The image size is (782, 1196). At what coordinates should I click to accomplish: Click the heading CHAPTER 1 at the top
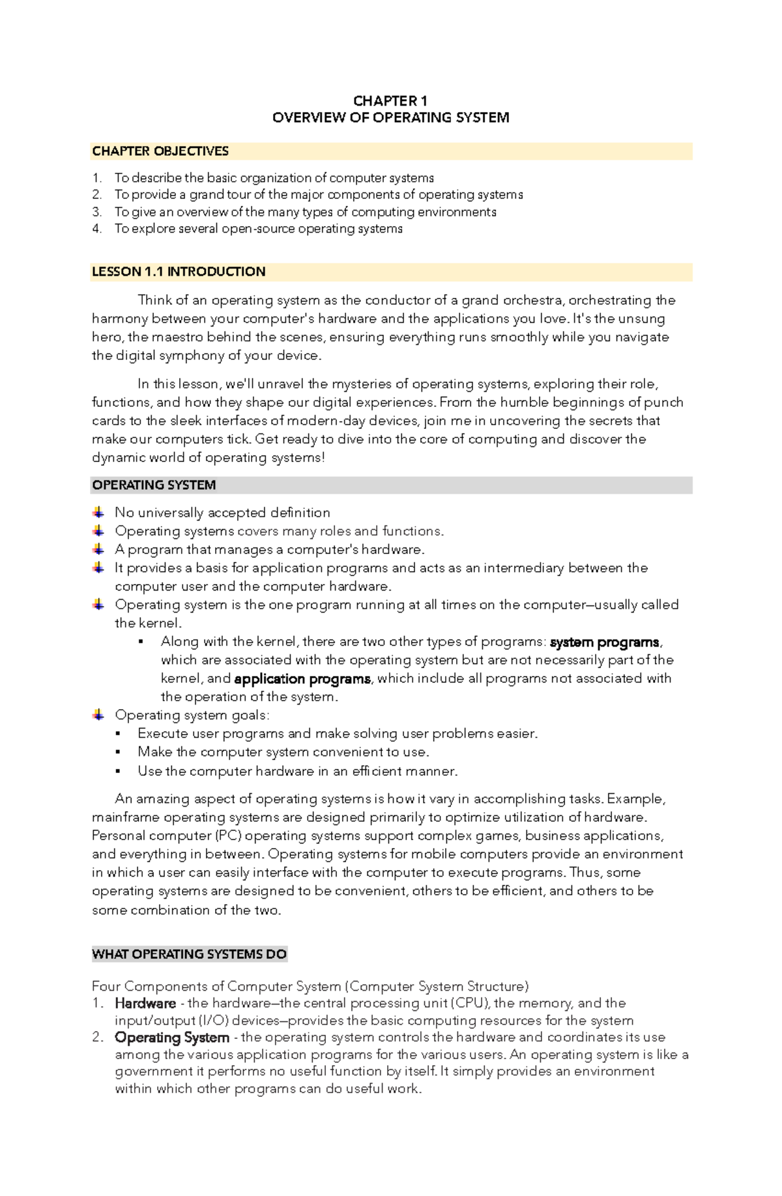(x=390, y=101)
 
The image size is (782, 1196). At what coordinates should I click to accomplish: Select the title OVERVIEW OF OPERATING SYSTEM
(x=390, y=118)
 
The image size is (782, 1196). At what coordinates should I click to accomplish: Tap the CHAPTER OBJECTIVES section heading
(x=160, y=151)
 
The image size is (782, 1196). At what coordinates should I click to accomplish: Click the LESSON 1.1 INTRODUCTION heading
(x=179, y=272)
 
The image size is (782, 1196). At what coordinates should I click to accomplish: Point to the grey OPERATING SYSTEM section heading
(x=154, y=485)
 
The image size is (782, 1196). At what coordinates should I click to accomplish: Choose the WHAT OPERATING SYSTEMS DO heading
(x=189, y=954)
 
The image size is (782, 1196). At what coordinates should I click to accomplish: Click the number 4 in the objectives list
(x=96, y=229)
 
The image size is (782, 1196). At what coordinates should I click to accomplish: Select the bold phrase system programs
(x=604, y=642)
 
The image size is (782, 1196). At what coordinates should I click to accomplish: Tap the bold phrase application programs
(x=302, y=679)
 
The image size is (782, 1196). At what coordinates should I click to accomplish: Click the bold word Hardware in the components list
(x=145, y=1003)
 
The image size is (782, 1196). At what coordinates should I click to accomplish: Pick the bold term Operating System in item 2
(x=172, y=1037)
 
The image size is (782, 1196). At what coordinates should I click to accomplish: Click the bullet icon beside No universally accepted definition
(x=98, y=512)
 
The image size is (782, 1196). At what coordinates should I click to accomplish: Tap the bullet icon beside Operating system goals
(x=98, y=715)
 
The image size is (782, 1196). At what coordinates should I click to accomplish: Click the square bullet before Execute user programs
(x=118, y=734)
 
